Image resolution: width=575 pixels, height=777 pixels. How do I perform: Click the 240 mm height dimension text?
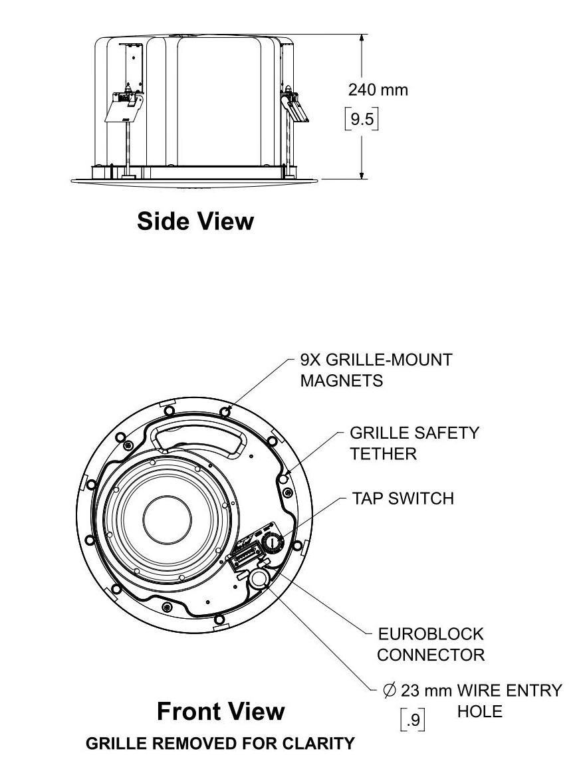tap(378, 89)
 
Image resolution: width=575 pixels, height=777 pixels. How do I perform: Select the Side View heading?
tap(195, 221)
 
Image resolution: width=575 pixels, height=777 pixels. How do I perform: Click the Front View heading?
tap(221, 712)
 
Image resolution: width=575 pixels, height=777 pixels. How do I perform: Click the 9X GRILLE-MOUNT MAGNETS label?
tap(376, 370)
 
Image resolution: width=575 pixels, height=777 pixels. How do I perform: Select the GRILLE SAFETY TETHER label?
tap(414, 443)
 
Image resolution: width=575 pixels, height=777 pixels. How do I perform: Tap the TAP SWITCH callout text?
tap(403, 499)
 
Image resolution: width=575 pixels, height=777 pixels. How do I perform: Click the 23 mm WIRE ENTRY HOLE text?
tap(473, 691)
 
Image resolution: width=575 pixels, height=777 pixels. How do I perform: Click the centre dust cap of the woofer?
tap(167, 517)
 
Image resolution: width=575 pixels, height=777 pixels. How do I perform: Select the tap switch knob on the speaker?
tap(272, 543)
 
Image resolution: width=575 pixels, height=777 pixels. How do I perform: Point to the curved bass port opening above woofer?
tap(197, 439)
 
